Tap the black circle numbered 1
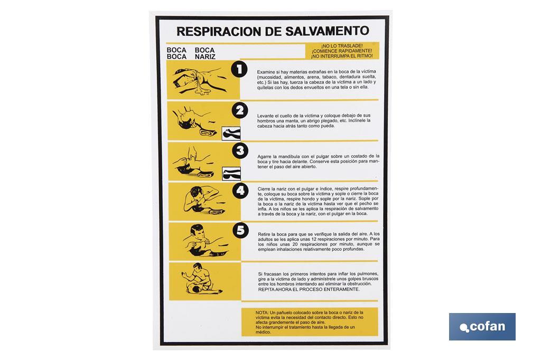pyautogui.click(x=240, y=69)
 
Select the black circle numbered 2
pyautogui.click(x=240, y=110)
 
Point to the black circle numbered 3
pyautogui.click(x=240, y=151)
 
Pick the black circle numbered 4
pyautogui.click(x=240, y=191)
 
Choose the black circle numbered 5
pyautogui.click(x=240, y=231)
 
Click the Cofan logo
pyautogui.click(x=482, y=326)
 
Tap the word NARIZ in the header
pyautogui.click(x=205, y=56)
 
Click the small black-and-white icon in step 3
pyautogui.click(x=231, y=173)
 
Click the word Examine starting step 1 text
pyautogui.click(x=265, y=72)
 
